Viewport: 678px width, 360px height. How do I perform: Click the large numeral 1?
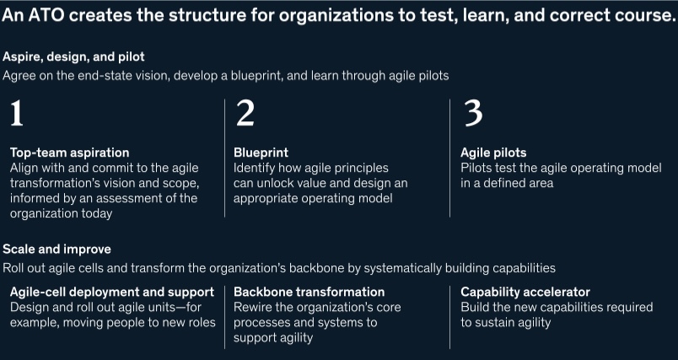point(16,113)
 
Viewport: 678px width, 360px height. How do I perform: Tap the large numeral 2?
point(245,113)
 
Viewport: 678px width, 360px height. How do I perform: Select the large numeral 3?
point(473,113)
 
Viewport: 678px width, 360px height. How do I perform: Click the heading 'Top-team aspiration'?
point(70,153)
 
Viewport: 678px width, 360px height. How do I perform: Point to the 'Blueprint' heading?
point(261,153)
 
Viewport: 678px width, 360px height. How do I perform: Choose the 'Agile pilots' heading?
point(493,153)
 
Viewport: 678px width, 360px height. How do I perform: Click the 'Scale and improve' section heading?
point(56,250)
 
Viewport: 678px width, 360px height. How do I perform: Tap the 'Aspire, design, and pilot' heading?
point(73,57)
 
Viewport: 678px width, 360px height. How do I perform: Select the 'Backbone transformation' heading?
point(309,293)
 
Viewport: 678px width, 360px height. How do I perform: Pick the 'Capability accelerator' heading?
point(525,293)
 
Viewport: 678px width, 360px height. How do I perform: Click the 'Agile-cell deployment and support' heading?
point(112,293)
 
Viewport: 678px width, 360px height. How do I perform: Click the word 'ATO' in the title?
point(44,16)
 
